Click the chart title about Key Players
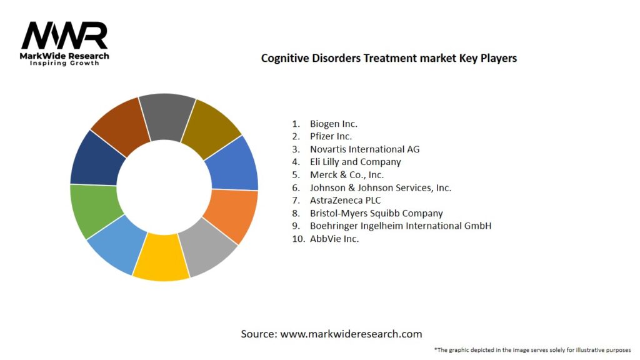[x=388, y=58]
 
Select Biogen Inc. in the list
[x=333, y=124]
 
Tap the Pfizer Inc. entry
[x=331, y=136]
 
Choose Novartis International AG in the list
[x=364, y=149]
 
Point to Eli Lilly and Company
[x=355, y=162]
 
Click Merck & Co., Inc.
[x=346, y=175]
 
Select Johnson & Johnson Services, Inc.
[x=380, y=187]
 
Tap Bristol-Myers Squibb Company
[x=376, y=213]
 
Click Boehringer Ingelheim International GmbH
[x=400, y=226]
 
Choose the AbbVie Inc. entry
[x=334, y=239]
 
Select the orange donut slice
[x=232, y=215]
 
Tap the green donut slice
[x=92, y=209]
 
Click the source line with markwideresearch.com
[x=331, y=334]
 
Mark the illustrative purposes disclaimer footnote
[x=532, y=349]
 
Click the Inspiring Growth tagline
[x=64, y=63]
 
